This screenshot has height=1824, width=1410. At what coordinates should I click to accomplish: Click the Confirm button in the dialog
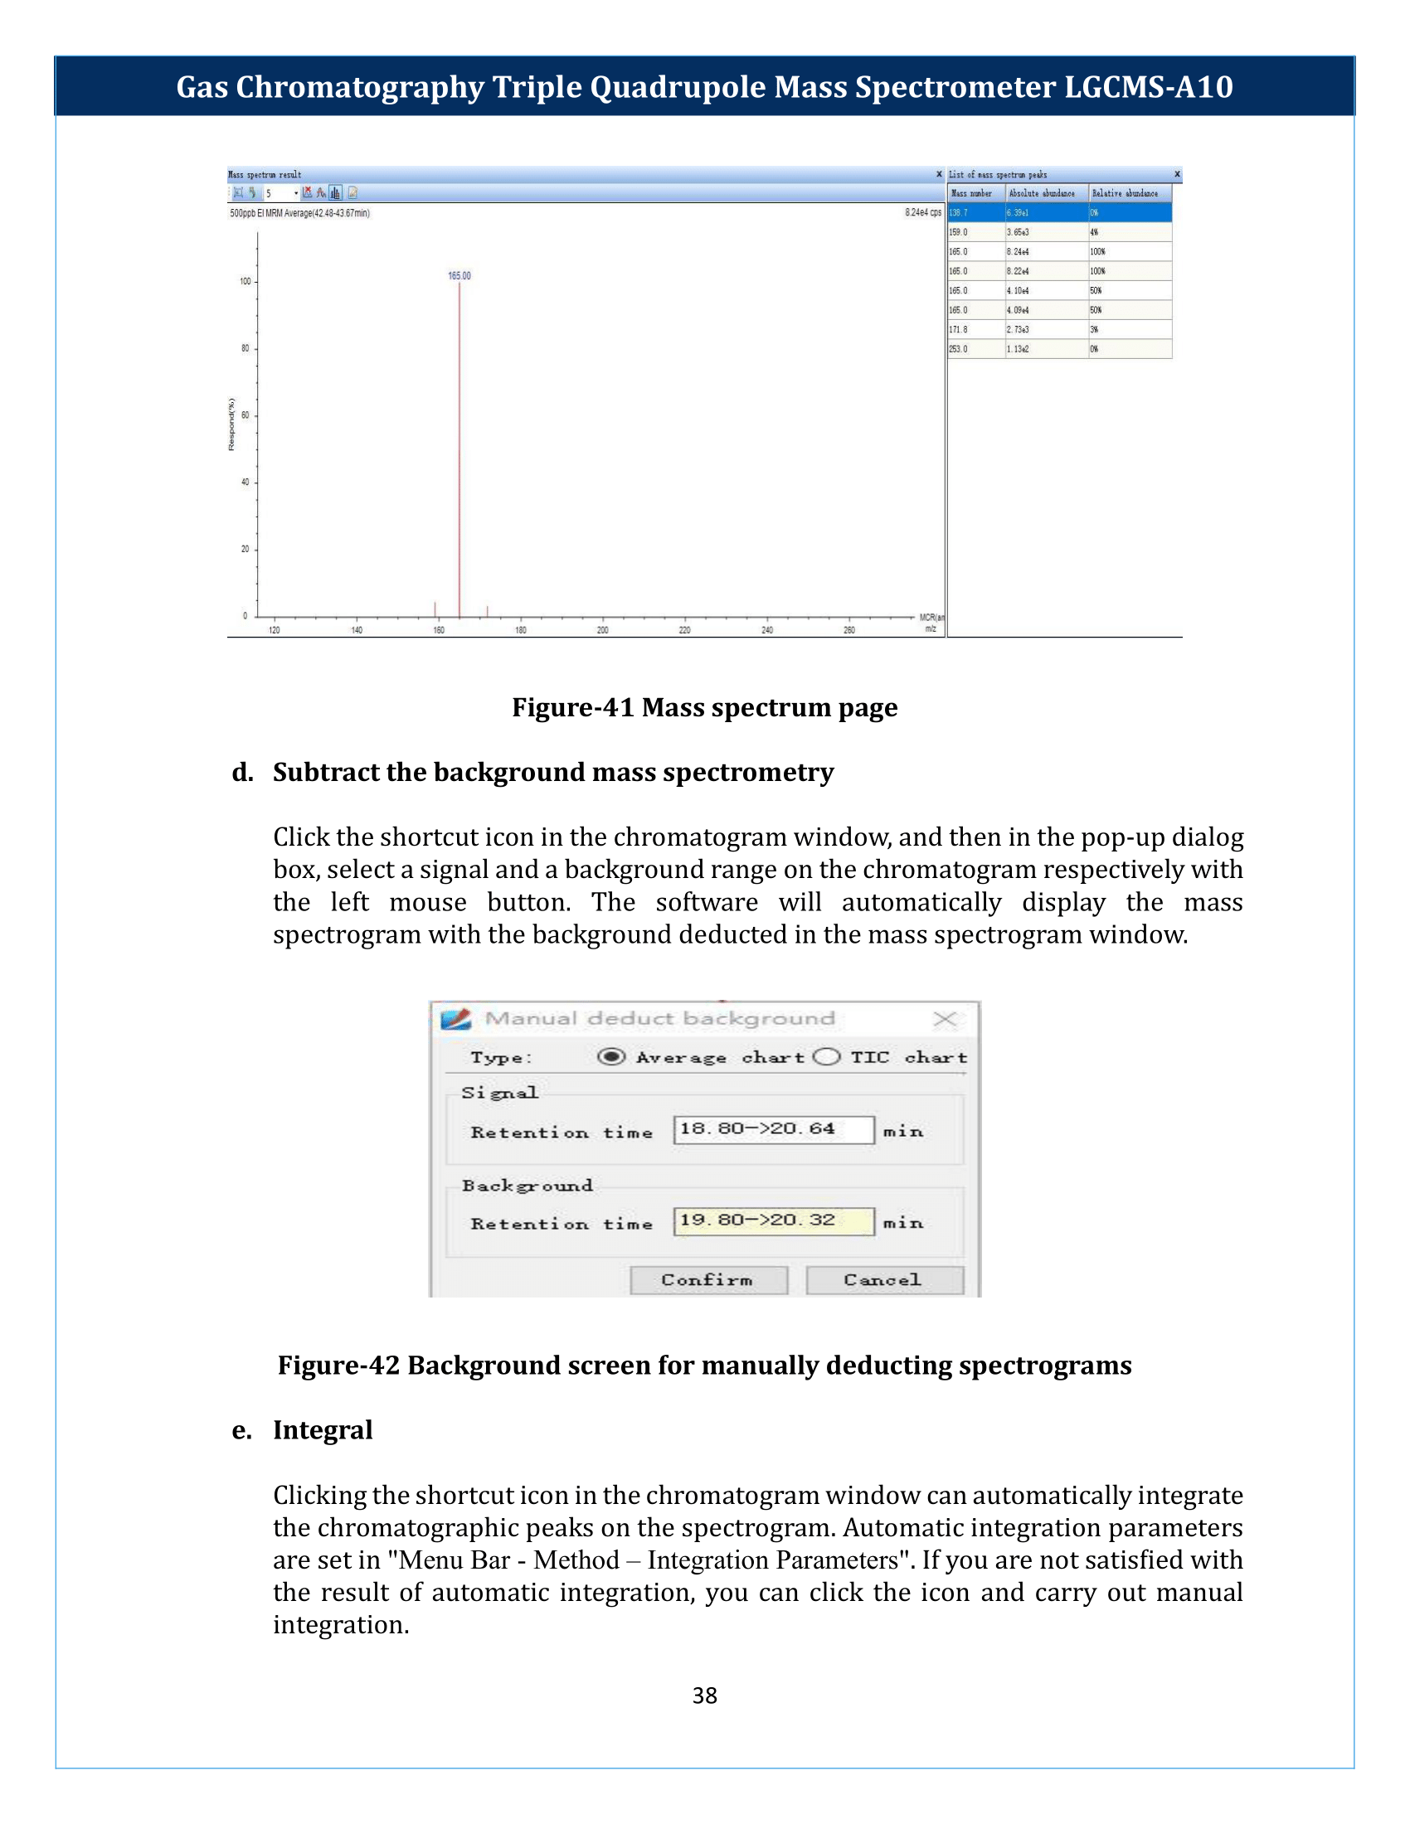click(708, 1280)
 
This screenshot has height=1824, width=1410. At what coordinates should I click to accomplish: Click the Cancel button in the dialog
click(884, 1280)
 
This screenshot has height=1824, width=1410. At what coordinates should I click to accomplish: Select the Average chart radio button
click(610, 1057)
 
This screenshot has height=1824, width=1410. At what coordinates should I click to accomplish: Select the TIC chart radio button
click(826, 1057)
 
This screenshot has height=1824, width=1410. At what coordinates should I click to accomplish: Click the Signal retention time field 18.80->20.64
click(773, 1129)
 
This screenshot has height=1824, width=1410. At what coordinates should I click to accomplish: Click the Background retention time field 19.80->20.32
click(773, 1220)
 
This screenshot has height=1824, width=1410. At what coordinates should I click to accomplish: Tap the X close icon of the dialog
click(944, 1019)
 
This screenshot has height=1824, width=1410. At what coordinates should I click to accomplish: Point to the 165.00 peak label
click(459, 275)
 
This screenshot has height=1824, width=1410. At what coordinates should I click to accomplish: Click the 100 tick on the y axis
click(246, 281)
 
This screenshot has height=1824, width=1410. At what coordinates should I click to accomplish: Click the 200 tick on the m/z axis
click(602, 630)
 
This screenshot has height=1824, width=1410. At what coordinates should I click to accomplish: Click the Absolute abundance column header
click(1042, 194)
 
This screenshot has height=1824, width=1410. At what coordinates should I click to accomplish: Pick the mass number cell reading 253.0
click(959, 349)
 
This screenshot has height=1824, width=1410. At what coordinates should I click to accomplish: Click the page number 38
click(704, 1695)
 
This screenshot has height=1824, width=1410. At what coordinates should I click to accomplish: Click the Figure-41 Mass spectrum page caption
click(704, 707)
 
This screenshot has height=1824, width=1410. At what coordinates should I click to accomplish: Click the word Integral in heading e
click(323, 1430)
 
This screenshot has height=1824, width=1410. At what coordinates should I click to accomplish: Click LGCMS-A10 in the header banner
click(1149, 87)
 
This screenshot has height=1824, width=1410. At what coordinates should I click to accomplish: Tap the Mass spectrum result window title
click(265, 175)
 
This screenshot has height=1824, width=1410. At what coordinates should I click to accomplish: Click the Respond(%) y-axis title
click(231, 424)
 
